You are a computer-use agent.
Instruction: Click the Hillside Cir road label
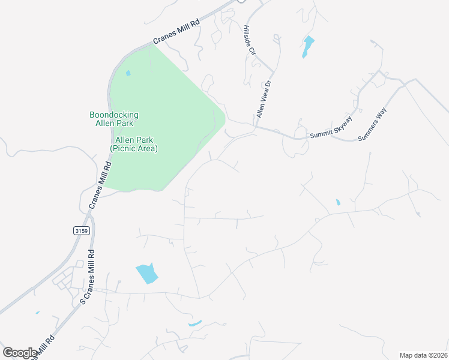(250, 40)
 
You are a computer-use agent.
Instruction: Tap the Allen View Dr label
(264, 99)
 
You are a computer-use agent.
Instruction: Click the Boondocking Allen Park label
(114, 119)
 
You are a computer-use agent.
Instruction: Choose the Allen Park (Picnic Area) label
(133, 144)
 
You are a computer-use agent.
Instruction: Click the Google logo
(19, 353)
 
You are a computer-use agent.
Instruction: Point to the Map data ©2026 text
(423, 355)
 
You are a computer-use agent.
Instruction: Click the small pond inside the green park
(128, 74)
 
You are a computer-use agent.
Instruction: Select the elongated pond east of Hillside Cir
(308, 47)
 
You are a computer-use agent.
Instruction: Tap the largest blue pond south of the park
(148, 274)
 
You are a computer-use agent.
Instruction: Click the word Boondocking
(114, 115)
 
